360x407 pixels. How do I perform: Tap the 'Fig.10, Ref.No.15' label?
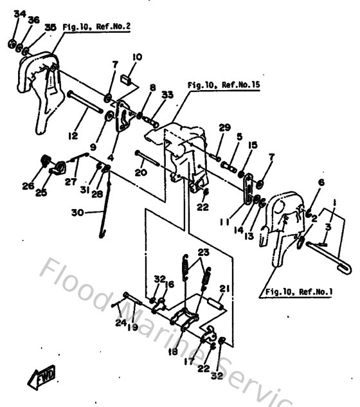click(222, 84)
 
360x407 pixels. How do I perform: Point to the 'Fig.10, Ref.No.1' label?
click(297, 292)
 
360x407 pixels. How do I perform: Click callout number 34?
click(18, 14)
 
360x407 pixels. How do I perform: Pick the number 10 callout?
click(136, 57)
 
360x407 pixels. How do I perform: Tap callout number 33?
click(167, 95)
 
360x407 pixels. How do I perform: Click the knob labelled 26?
click(46, 161)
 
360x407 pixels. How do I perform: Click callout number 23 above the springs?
click(203, 251)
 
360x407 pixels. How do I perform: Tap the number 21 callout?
click(224, 287)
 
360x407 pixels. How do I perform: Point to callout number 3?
click(328, 227)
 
